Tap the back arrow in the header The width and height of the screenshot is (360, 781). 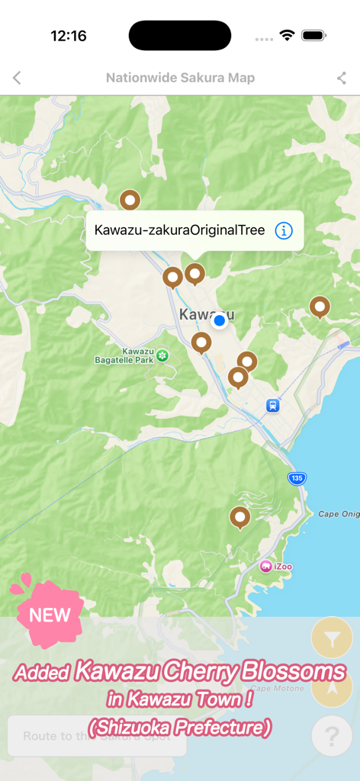pos(17,78)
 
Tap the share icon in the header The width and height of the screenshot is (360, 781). pos(342,78)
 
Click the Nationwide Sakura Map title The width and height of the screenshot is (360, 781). pos(180,78)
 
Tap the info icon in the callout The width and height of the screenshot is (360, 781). pos(284,230)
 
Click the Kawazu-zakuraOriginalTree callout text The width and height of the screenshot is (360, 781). pos(179,230)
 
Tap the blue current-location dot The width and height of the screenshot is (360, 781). pos(220,321)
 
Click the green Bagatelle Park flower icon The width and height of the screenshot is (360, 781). pos(162,355)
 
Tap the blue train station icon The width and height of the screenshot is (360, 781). pos(272,406)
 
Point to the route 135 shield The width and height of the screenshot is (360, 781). pos(297,478)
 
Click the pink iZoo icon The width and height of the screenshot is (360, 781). pos(265,566)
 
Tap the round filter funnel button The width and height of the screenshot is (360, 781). pos(332,641)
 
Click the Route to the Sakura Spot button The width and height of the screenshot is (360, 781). pos(97,736)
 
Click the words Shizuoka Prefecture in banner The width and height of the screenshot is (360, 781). pos(180,728)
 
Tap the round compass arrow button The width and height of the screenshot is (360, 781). pos(332,688)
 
